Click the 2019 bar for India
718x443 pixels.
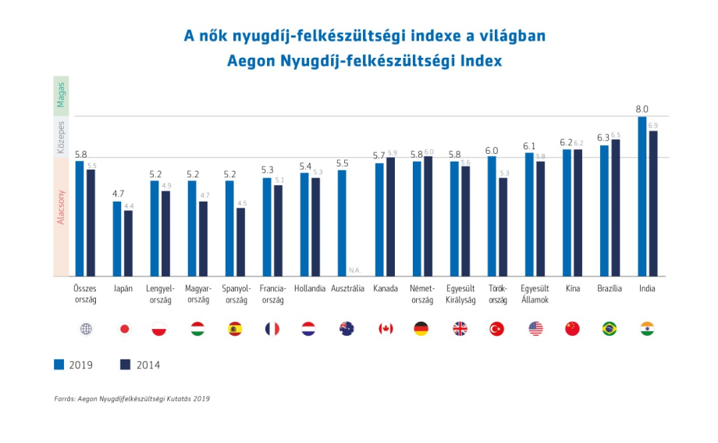click(x=642, y=196)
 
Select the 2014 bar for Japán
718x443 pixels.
click(x=128, y=243)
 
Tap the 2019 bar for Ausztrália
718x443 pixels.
click(x=342, y=223)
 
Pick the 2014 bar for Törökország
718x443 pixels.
click(x=503, y=227)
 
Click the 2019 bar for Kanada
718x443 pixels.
click(x=379, y=220)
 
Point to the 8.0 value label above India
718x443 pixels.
click(x=642, y=109)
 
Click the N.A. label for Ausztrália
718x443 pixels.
click(x=355, y=270)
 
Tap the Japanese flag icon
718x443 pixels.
click(x=123, y=329)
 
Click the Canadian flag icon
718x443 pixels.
click(x=386, y=329)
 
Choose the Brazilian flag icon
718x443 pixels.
click(x=610, y=329)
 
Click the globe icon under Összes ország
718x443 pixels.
click(x=86, y=329)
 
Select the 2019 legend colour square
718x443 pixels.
click(x=59, y=364)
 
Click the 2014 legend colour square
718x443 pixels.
click(x=125, y=364)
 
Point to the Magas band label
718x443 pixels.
click(x=61, y=96)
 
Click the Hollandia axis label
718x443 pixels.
click(x=310, y=288)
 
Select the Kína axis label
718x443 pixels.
click(x=573, y=288)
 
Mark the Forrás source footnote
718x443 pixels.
click(x=132, y=398)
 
